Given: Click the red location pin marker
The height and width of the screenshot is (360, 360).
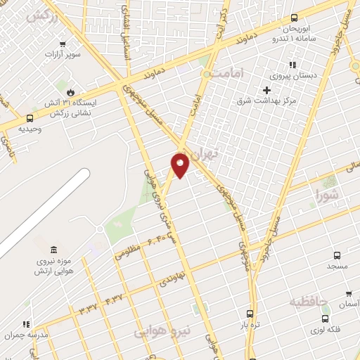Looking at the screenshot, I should (x=181, y=165).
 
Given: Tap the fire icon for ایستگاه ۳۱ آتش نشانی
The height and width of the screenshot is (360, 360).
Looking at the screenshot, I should (x=70, y=92).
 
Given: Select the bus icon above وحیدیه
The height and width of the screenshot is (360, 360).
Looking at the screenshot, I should (x=30, y=119).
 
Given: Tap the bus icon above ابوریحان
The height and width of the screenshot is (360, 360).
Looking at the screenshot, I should (x=294, y=18).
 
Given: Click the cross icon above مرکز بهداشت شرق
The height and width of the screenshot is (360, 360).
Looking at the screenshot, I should (x=266, y=89).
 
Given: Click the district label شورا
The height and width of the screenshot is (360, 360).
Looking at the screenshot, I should (x=326, y=193).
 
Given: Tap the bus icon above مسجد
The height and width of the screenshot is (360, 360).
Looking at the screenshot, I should (x=337, y=256).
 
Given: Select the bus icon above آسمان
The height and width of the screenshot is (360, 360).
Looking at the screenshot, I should (x=348, y=294).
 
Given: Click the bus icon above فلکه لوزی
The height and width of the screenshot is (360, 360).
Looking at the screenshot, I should (x=326, y=319).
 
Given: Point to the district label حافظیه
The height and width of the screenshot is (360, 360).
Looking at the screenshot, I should (x=309, y=301).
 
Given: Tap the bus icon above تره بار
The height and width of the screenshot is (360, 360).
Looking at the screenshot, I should (x=250, y=314).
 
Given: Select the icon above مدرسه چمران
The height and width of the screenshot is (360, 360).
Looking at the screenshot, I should (x=27, y=324).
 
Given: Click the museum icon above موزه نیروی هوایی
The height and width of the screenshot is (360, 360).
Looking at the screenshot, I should (x=54, y=250).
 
